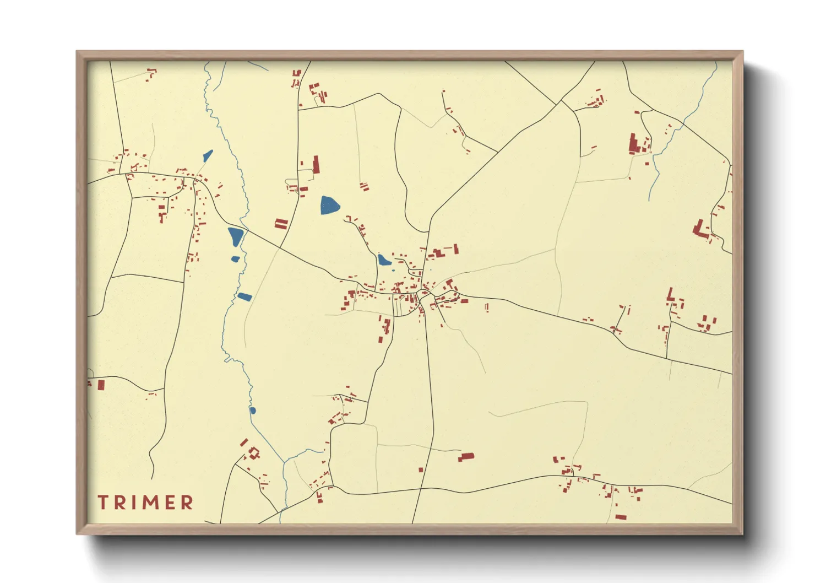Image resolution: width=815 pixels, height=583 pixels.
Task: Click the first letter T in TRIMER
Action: coord(103,502)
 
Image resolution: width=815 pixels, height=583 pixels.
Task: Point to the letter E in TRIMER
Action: coord(170,502)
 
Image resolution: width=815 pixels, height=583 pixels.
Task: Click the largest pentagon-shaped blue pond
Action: coord(329,205)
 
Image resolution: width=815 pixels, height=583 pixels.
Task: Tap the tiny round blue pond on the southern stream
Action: coord(253,410)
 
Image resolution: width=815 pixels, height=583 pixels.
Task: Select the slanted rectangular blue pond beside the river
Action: coord(244,297)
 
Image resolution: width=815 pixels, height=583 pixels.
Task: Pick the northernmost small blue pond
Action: coord(208,156)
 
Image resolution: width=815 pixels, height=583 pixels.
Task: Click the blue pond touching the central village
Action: coord(384,260)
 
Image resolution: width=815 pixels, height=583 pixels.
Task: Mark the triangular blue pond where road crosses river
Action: coord(236,236)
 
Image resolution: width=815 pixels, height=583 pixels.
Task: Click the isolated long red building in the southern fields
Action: coord(466,457)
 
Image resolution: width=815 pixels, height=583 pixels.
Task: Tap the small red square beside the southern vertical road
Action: coord(421,470)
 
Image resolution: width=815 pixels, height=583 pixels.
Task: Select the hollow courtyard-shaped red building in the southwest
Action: coord(254,454)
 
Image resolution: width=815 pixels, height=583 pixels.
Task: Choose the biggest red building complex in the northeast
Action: coord(634,144)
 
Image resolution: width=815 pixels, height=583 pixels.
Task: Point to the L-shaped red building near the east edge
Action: coord(700,228)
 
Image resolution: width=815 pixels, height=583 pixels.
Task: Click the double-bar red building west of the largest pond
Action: coord(281,224)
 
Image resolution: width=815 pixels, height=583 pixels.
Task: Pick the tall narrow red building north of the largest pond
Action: coord(316,164)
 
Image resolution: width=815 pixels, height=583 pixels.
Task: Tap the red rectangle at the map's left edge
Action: coord(101,385)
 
